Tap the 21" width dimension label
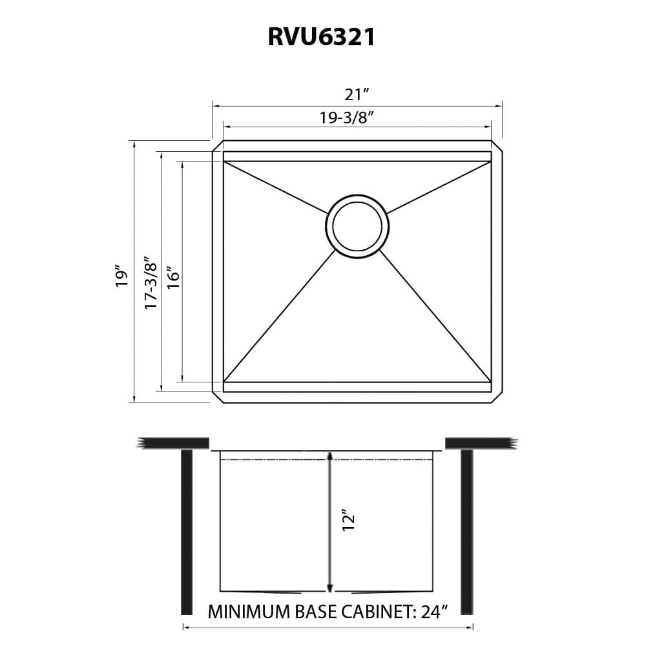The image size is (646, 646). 357,94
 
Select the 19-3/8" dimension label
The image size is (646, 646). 348,118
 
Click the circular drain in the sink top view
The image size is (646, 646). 357,226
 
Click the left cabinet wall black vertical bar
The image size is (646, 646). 187,531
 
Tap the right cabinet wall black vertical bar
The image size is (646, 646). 466,531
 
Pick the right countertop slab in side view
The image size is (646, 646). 481,443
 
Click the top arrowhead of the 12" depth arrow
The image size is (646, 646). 330,456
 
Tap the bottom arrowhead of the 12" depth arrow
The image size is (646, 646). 330,587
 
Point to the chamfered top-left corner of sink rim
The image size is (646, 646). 218,145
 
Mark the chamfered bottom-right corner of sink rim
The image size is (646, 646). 497,398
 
